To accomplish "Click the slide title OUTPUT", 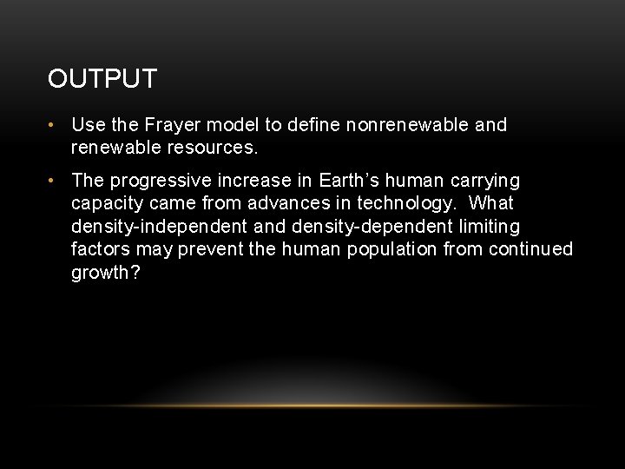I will (x=102, y=79).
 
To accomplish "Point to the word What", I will (x=492, y=203).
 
